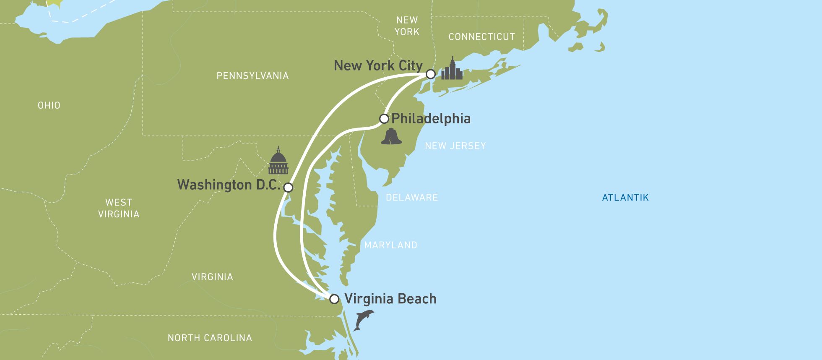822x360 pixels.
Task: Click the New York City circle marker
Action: (x=430, y=74)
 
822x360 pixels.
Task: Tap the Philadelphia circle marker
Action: (x=384, y=119)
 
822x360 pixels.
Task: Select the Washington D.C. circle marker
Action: (x=288, y=187)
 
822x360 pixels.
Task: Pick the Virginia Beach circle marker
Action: (x=334, y=299)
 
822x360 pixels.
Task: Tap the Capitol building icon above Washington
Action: (x=278, y=162)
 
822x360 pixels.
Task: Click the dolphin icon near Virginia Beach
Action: (x=363, y=320)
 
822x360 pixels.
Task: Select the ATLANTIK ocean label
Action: (x=625, y=198)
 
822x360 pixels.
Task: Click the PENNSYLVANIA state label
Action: (x=252, y=76)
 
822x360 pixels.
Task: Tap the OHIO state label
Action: (x=49, y=105)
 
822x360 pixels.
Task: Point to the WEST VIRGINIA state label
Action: (x=119, y=208)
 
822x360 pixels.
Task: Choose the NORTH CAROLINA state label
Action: (x=210, y=338)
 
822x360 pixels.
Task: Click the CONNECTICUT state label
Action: (x=481, y=37)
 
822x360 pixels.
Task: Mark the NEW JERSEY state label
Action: (x=455, y=146)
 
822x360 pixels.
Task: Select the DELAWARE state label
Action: (x=411, y=198)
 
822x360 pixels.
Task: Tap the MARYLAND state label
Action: (x=390, y=245)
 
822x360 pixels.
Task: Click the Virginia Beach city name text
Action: (x=390, y=299)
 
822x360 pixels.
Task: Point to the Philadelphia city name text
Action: (x=431, y=119)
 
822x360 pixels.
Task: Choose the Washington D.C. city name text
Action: (x=229, y=185)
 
